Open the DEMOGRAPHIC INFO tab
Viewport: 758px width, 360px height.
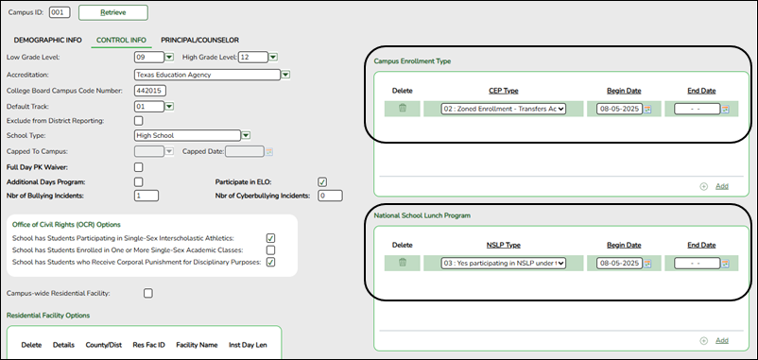point(44,40)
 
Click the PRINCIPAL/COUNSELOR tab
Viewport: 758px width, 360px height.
point(199,40)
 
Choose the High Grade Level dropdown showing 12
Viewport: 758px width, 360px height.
point(256,58)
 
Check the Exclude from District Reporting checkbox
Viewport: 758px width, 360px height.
point(139,121)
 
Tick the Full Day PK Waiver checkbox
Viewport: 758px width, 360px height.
point(139,166)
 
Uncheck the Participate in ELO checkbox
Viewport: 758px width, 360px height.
point(323,181)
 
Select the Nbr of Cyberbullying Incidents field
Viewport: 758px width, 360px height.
point(329,196)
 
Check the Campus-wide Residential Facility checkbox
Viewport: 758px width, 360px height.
point(148,294)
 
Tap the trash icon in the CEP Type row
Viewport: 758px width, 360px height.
point(403,109)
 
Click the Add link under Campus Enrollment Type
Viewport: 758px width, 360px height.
point(721,186)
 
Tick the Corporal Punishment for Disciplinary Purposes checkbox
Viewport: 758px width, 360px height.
point(270,263)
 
